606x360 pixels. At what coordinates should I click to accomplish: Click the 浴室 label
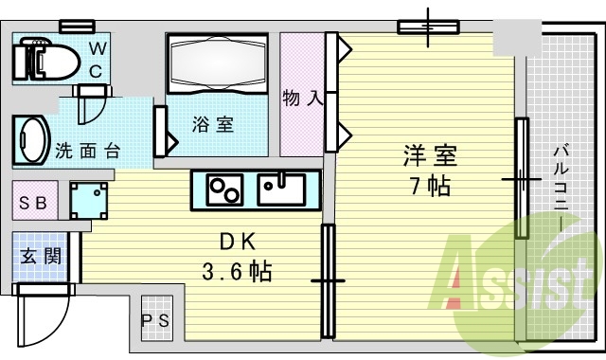pos(212,123)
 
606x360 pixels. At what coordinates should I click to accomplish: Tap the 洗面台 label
pos(86,149)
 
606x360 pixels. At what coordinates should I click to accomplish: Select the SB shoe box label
pos(35,201)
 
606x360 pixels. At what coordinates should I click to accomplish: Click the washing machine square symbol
pos(89,198)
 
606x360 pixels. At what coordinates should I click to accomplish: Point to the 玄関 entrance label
pos(41,256)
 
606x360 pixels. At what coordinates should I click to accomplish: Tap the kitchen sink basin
pos(280,187)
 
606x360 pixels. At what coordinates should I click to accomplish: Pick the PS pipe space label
pos(156,320)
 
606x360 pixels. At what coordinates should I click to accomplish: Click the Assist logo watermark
pos(515,279)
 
